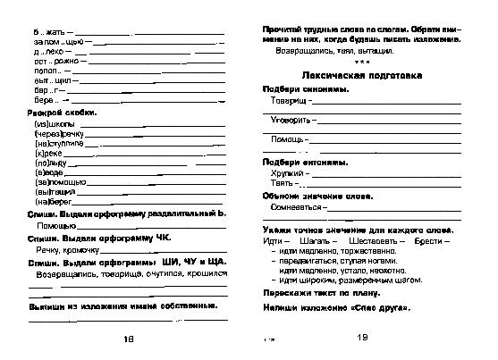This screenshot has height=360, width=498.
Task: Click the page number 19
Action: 362,338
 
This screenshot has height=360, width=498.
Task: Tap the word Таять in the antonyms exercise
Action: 281,183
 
